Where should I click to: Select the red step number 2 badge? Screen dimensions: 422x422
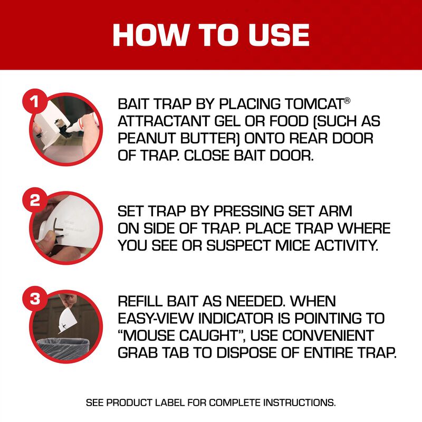tap(34, 200)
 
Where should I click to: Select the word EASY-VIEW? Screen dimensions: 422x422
tap(160, 319)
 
